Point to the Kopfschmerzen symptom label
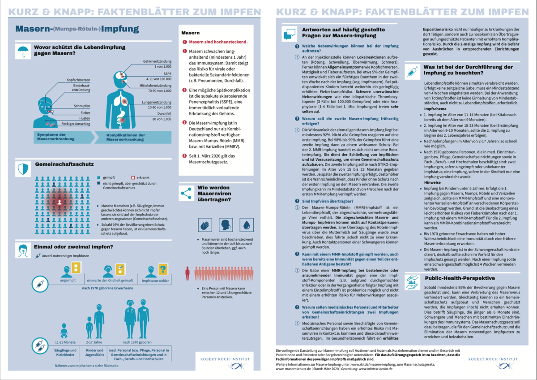click(x=72, y=80)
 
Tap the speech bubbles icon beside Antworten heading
click(x=289, y=34)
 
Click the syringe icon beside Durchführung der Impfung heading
click(x=411, y=71)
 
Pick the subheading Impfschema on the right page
click(x=434, y=109)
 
